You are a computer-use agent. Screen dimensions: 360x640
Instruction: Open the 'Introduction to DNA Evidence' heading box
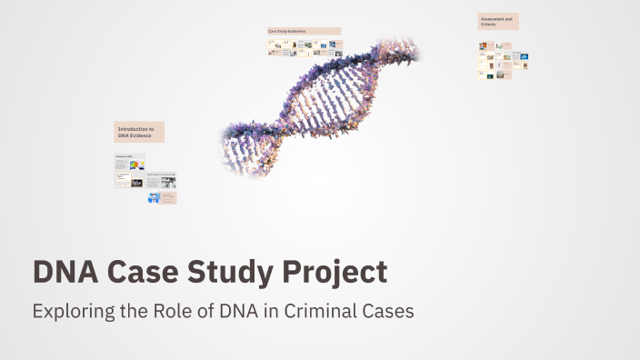click(139, 132)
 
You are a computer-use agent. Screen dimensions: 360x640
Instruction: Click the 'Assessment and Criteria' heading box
click(498, 21)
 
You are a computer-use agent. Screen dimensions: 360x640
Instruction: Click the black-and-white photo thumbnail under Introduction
click(168, 181)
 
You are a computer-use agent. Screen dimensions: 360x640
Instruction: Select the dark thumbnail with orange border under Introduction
click(136, 183)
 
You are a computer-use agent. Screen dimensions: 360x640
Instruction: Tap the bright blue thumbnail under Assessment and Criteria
click(525, 57)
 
